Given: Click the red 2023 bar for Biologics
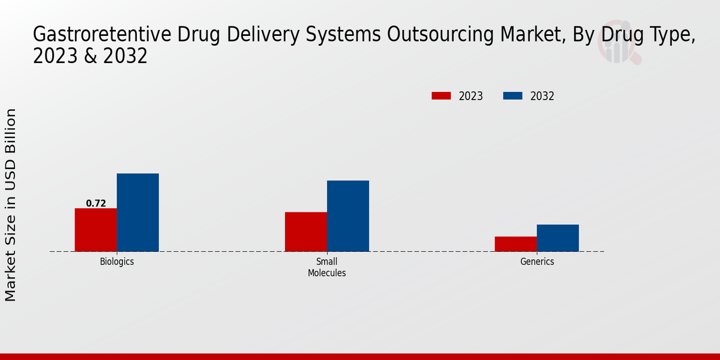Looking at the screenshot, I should [x=96, y=230].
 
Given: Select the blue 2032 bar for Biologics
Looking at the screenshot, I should [x=138, y=212].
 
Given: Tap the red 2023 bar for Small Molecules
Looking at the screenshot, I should [x=306, y=232].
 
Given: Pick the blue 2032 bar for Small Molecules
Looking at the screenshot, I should [x=348, y=216].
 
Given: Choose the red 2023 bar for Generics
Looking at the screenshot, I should [x=516, y=244].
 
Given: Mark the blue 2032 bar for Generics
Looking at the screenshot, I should [x=558, y=238].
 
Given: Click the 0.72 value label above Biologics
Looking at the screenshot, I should [x=96, y=203].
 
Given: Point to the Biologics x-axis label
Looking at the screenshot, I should [x=117, y=262].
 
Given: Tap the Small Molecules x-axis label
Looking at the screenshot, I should [x=327, y=267].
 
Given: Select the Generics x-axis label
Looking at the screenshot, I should [x=537, y=262].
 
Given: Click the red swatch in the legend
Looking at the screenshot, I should [x=441, y=96].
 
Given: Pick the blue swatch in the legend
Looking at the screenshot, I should [x=512, y=96].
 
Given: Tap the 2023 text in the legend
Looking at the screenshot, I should [x=471, y=96].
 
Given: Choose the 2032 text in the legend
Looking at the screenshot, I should [x=542, y=96].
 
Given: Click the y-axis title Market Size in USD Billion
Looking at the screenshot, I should [x=11, y=205].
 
